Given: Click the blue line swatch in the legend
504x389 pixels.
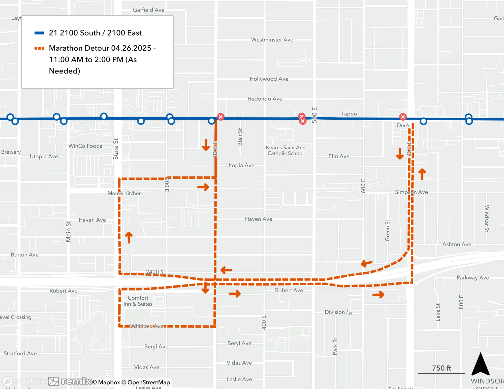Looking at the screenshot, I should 39,33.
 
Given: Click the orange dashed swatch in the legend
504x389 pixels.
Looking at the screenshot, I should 39,48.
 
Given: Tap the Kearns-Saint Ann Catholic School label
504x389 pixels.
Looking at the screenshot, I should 286,150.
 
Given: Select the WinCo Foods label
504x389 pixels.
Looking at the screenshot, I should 85,146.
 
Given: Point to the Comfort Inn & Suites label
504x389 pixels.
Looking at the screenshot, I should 138,301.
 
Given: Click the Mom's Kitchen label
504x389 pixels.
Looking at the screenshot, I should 124,193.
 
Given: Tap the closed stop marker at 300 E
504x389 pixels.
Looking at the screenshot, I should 221,117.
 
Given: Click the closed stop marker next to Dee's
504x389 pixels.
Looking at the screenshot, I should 403,117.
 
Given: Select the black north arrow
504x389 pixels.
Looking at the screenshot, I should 480,364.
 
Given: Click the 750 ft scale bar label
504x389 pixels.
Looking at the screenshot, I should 441,368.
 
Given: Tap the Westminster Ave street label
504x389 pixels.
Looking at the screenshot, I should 272,40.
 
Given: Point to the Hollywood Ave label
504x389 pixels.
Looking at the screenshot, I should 269,79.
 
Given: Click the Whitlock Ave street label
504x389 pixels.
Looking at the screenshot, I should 147,326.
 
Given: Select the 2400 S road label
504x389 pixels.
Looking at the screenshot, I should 154,272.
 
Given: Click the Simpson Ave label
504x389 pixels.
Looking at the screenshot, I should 411,192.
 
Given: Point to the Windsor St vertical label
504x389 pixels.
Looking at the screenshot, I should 487,218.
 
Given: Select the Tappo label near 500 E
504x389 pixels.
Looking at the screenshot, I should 349,114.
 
